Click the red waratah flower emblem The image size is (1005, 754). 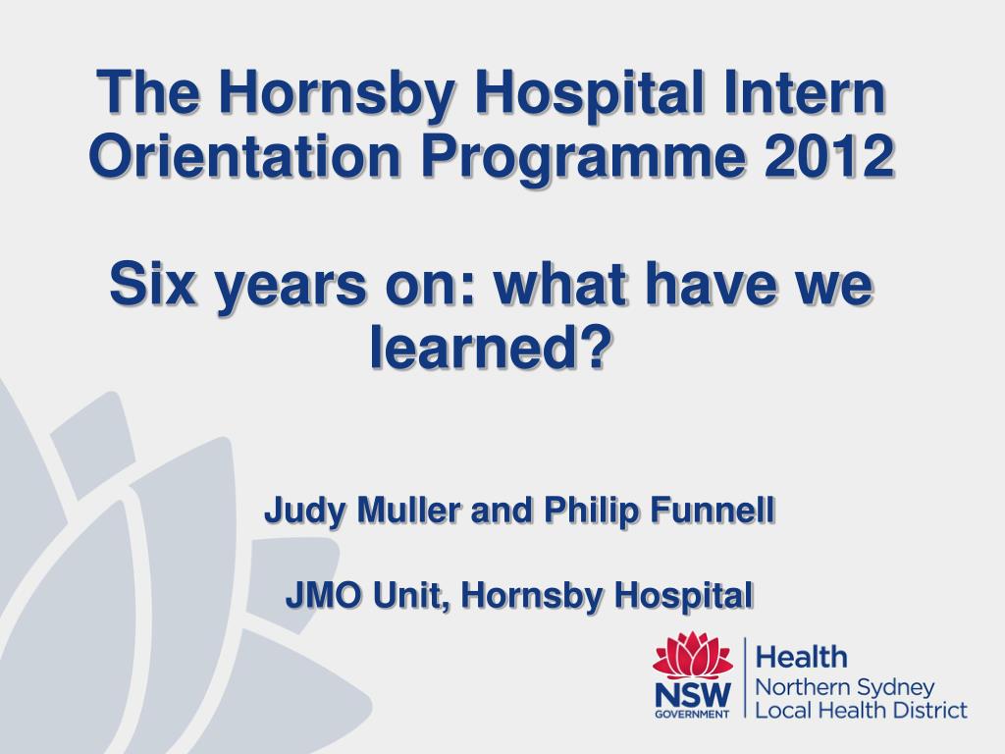[x=693, y=655]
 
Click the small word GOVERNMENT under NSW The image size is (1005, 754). [x=693, y=714]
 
